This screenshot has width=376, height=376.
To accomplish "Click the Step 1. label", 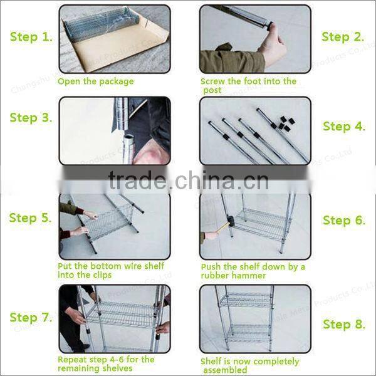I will [x=31, y=37].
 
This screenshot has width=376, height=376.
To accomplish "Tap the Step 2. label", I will [x=343, y=37].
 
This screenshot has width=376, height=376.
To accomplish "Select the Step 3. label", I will [x=31, y=118].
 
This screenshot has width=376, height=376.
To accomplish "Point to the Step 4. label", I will [x=344, y=127].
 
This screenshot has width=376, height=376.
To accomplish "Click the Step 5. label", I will [x=31, y=218].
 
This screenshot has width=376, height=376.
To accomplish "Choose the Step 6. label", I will [x=344, y=221].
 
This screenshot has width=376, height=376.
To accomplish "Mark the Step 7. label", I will [x=31, y=318].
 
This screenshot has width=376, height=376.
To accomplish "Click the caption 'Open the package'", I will [x=95, y=81].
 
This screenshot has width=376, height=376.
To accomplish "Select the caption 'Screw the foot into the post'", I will [x=248, y=86].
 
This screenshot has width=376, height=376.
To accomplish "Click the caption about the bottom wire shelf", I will [x=111, y=271].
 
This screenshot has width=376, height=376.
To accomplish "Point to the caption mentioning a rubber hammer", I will [x=253, y=271].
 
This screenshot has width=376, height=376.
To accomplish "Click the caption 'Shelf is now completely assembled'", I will [x=249, y=365].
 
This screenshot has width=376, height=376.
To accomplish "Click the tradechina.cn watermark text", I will [x=187, y=182].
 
